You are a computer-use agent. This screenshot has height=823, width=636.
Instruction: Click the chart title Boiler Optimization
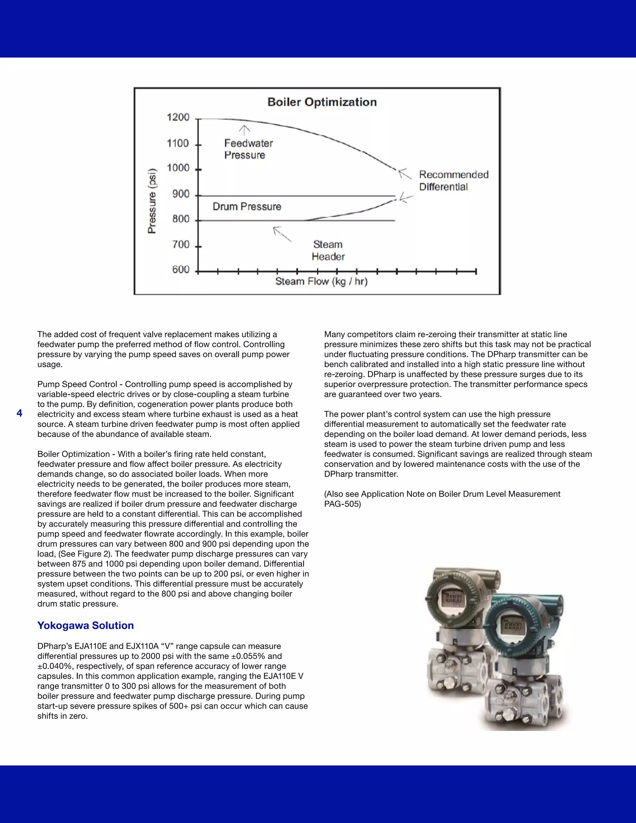(x=322, y=102)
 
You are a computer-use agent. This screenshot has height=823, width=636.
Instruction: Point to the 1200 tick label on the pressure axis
(x=178, y=117)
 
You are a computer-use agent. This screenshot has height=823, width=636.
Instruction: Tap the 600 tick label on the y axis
(x=180, y=270)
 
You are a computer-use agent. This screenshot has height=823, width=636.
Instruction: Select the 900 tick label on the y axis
(x=180, y=194)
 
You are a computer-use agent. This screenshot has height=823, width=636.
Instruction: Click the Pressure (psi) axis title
(x=152, y=201)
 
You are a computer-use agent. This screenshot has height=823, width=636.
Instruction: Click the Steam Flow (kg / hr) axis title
(x=321, y=281)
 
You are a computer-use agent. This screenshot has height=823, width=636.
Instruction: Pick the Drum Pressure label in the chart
(x=247, y=207)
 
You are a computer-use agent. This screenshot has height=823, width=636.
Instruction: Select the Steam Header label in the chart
(x=328, y=251)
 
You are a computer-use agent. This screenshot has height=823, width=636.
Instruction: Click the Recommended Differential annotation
(x=453, y=180)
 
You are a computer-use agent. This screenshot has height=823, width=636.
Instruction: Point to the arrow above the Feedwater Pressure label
(x=244, y=130)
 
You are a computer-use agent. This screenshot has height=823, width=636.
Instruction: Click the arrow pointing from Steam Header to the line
(x=282, y=234)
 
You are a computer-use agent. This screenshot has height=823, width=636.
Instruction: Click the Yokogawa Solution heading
(x=85, y=625)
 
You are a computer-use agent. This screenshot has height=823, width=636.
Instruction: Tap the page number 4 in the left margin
(x=20, y=413)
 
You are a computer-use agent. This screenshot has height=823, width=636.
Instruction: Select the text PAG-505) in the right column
(x=342, y=504)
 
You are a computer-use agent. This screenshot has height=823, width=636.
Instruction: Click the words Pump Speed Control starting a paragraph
(x=77, y=384)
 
